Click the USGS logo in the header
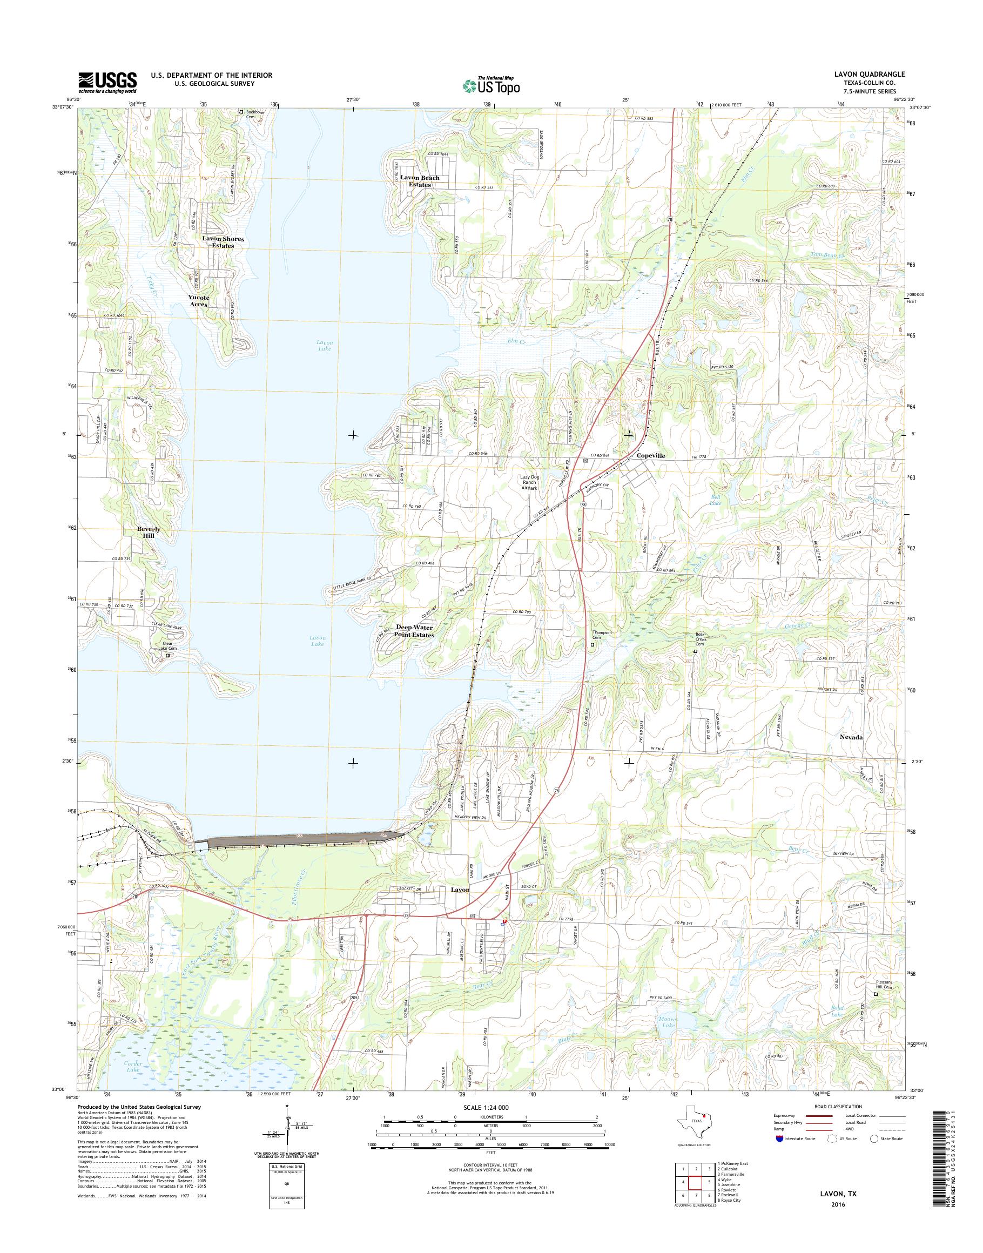click(x=107, y=82)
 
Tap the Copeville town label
click(x=651, y=455)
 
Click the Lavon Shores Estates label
click(x=223, y=242)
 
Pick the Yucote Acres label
click(x=199, y=300)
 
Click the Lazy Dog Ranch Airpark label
click(x=529, y=482)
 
